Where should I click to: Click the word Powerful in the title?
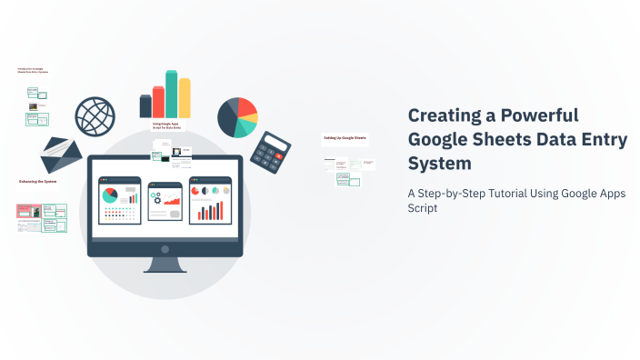click(x=539, y=115)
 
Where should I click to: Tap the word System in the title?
click(x=440, y=164)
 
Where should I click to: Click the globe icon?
click(x=95, y=116)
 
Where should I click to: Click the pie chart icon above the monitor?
click(x=237, y=116)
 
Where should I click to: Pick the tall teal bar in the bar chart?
click(x=171, y=94)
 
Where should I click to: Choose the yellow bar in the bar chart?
click(x=185, y=97)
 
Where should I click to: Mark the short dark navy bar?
click(x=145, y=105)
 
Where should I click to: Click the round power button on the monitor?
click(x=165, y=248)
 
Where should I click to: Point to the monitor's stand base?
click(x=165, y=267)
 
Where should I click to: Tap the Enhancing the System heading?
click(x=37, y=182)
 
